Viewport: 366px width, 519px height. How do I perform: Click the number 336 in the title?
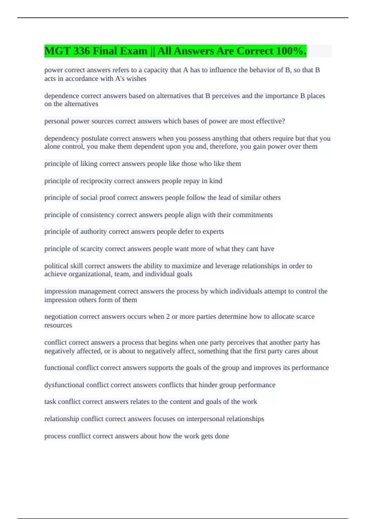pos(81,51)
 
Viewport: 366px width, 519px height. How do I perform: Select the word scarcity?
pos(91,249)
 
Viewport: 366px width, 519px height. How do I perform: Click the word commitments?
pos(253,215)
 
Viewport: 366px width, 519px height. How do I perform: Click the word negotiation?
pos(61,317)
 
